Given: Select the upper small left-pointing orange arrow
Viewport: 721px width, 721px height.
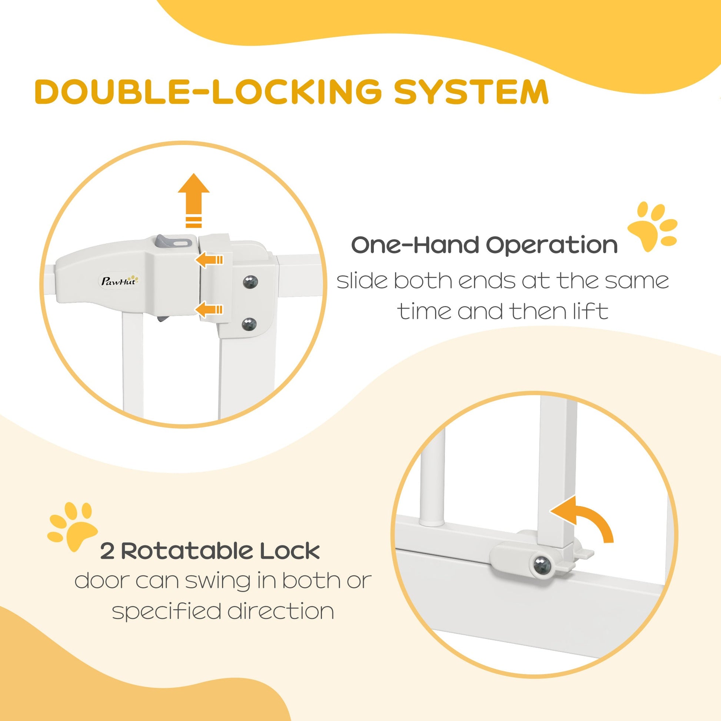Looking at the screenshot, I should click(209, 259).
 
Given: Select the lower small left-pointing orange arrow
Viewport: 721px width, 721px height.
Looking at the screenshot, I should click(209, 309).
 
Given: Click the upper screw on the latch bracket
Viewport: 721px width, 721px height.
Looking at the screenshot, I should click(250, 282).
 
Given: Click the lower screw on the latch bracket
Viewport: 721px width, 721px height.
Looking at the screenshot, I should click(249, 323).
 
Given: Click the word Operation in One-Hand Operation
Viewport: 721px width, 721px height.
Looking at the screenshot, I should click(552, 245).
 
